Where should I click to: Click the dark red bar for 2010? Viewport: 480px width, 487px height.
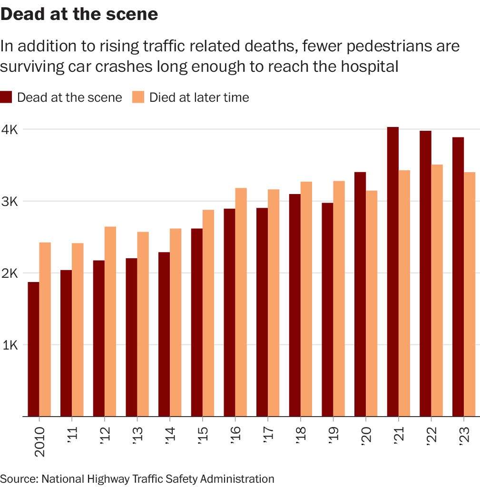[33, 349]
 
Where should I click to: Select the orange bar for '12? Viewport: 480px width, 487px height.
[110, 321]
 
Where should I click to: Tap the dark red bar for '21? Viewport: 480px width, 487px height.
[392, 272]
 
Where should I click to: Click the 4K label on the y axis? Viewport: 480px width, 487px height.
[10, 130]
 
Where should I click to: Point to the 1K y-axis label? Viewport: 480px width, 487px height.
[10, 345]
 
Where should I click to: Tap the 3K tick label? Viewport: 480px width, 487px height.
[10, 202]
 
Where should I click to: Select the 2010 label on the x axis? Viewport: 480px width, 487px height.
[39, 441]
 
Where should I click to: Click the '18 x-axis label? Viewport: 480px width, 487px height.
[301, 435]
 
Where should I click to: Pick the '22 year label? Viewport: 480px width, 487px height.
[431, 435]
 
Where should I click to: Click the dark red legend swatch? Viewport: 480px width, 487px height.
[6, 97]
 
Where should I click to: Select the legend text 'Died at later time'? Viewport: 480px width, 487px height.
[199, 97]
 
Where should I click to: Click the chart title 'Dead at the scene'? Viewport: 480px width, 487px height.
[79, 14]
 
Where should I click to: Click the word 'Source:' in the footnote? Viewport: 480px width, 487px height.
[19, 478]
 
